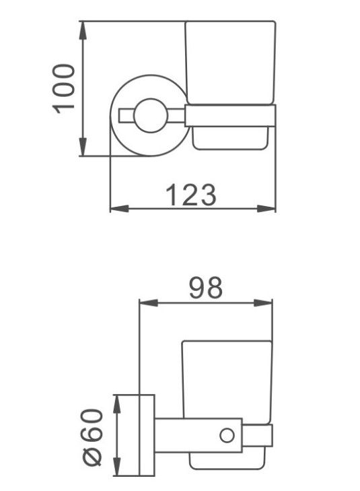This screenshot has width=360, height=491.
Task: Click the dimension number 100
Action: (64, 90)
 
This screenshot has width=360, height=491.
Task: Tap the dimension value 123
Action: (191, 195)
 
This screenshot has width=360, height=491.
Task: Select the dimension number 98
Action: (206, 288)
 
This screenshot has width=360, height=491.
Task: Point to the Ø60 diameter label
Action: (92, 437)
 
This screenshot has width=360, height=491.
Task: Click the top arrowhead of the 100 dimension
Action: (83, 30)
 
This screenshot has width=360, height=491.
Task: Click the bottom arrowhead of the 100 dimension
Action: (83, 147)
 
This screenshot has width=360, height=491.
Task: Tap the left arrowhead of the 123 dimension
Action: (120, 209)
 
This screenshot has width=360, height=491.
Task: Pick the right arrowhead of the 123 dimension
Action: (266, 209)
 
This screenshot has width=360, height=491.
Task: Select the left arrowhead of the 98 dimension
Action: (149, 303)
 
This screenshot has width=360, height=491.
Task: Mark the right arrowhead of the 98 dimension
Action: (263, 303)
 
